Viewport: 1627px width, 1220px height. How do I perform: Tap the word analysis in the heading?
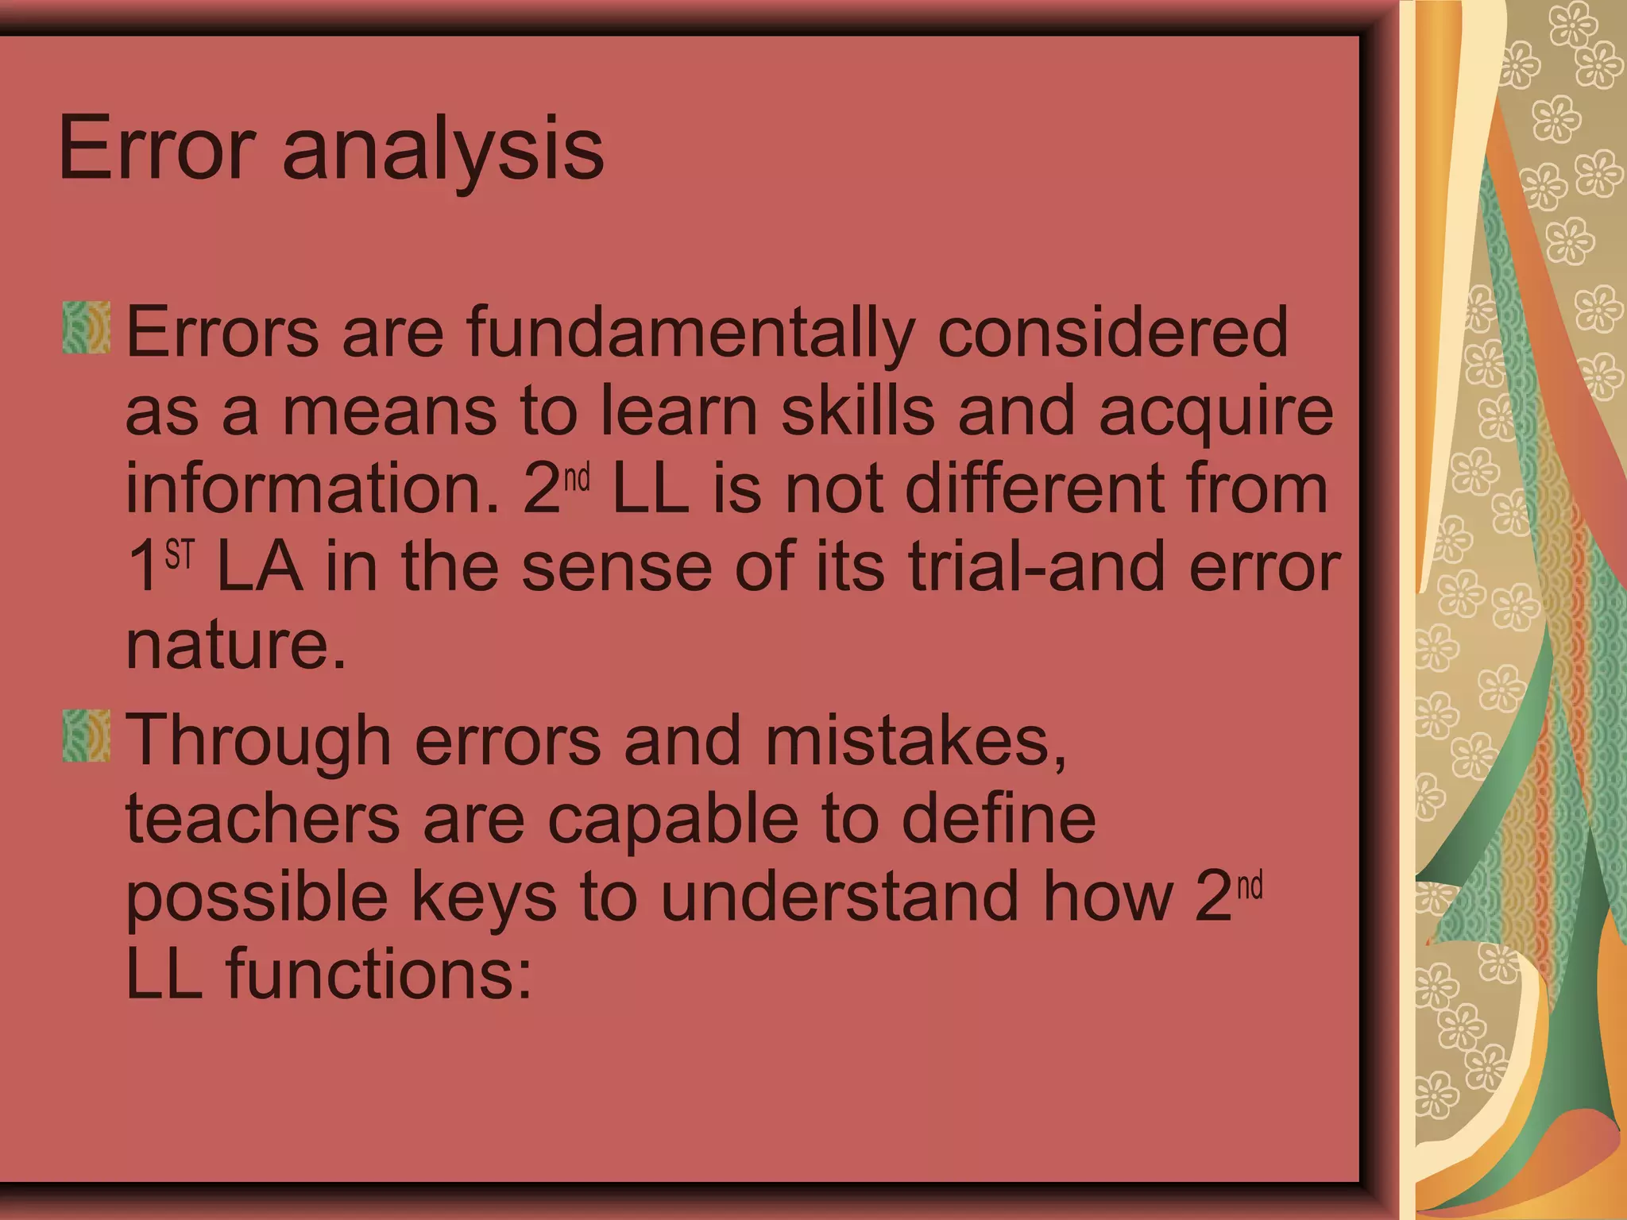pos(442,151)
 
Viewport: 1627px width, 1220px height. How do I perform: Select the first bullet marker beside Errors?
pos(86,327)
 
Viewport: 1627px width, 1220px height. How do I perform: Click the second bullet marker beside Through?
pos(86,736)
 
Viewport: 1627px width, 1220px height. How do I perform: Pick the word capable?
pos(672,821)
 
